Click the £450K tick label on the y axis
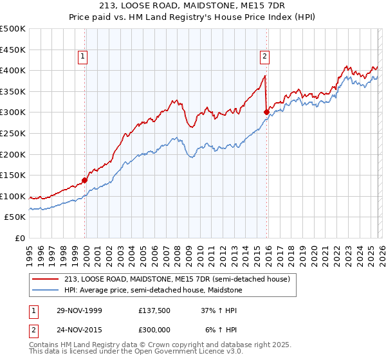pyautogui.click(x=13, y=50)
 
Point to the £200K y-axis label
pyautogui.click(x=13, y=154)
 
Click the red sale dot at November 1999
pyautogui.click(x=85, y=181)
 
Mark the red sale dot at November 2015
pyautogui.click(x=266, y=112)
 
